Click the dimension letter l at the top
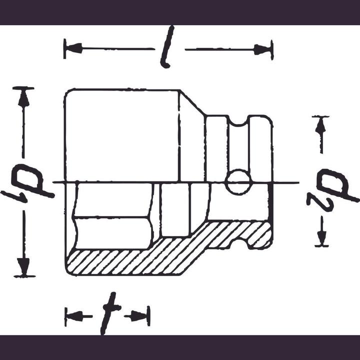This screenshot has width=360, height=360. [168, 48]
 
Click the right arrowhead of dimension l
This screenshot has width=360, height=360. [263, 49]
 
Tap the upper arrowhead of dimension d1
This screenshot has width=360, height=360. [23, 98]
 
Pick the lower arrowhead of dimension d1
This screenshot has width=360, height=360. [23, 264]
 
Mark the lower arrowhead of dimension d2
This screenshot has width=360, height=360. [321, 237]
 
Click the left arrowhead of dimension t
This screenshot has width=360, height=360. [73, 316]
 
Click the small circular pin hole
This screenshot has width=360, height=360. [238, 182]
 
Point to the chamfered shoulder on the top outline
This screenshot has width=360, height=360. [192, 102]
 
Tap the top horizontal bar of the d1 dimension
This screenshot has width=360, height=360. [23, 88]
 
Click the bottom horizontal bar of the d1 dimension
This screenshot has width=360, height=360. [24, 275]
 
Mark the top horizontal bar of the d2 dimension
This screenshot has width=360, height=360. [320, 117]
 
